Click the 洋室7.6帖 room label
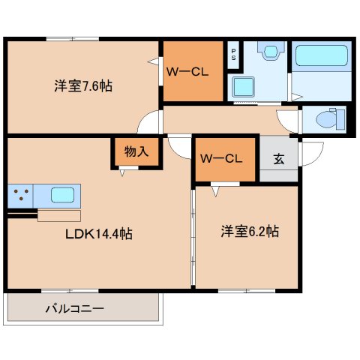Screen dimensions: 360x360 tap(82, 85)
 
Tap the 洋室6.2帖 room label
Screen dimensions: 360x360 tap(249, 232)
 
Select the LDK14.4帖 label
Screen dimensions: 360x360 tap(98, 234)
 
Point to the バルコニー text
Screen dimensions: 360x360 tap(74, 307)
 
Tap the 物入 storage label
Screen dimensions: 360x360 tap(136, 151)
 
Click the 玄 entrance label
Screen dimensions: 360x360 tap(278, 158)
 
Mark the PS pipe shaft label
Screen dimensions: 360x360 tap(233, 53)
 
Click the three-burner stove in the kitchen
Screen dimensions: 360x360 tap(21, 196)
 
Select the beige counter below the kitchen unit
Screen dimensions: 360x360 tap(58, 216)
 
